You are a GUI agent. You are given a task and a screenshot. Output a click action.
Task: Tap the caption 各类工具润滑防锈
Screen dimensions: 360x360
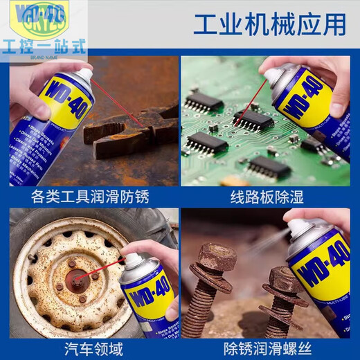point(90,197)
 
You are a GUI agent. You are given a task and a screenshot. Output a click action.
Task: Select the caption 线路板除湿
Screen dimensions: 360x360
point(267,197)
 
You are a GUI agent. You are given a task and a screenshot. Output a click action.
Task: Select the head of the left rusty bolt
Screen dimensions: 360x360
point(217,259)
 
